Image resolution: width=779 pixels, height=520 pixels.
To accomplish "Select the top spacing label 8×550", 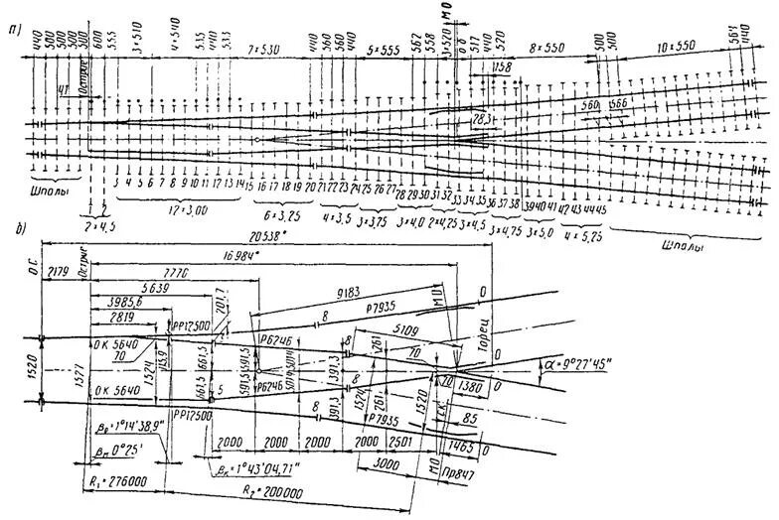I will pos(545,48).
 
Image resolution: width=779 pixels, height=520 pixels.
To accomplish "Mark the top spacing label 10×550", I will pos(676,48).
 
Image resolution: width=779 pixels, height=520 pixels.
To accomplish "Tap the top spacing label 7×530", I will pos(266,48).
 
